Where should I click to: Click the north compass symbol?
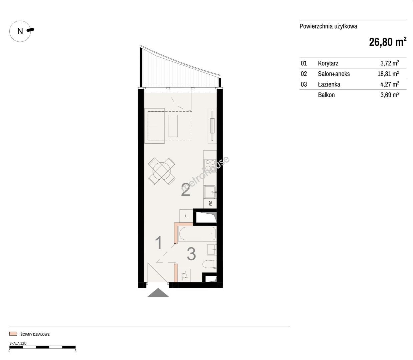(20, 31)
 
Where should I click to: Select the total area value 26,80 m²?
(388, 42)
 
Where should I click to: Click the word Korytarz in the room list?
(328, 63)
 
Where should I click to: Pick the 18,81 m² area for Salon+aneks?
(388, 74)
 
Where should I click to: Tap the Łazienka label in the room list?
(329, 84)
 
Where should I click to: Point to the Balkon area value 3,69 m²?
(390, 95)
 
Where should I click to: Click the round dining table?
(161, 171)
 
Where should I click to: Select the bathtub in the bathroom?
(197, 234)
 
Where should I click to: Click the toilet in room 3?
(209, 264)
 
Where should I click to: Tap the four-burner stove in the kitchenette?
(210, 165)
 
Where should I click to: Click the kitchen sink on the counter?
(210, 192)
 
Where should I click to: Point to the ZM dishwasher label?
(210, 204)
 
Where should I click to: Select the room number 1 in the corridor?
(159, 243)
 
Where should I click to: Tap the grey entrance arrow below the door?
(158, 293)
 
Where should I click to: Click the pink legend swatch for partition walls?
(13, 334)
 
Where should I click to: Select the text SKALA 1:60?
(18, 343)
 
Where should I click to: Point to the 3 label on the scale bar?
(75, 351)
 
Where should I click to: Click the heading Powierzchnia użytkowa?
(328, 26)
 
